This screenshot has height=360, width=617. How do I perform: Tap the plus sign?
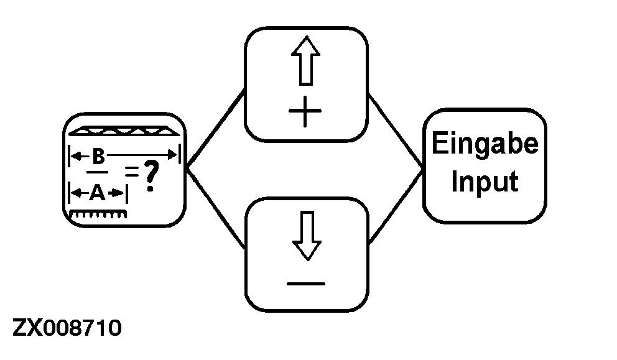305,114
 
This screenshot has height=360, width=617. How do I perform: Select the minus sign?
305,284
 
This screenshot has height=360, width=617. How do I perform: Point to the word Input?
485,182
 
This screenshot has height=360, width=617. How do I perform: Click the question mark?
149,175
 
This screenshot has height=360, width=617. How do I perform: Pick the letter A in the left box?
96,193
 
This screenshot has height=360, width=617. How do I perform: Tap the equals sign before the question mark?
131,169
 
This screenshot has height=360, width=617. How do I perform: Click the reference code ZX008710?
67,328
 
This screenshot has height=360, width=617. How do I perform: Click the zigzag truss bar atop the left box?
124,132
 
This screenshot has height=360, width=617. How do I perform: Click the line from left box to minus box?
216,206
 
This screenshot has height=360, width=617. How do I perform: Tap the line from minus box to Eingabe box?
396,205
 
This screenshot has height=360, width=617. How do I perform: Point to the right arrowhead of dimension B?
174,155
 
